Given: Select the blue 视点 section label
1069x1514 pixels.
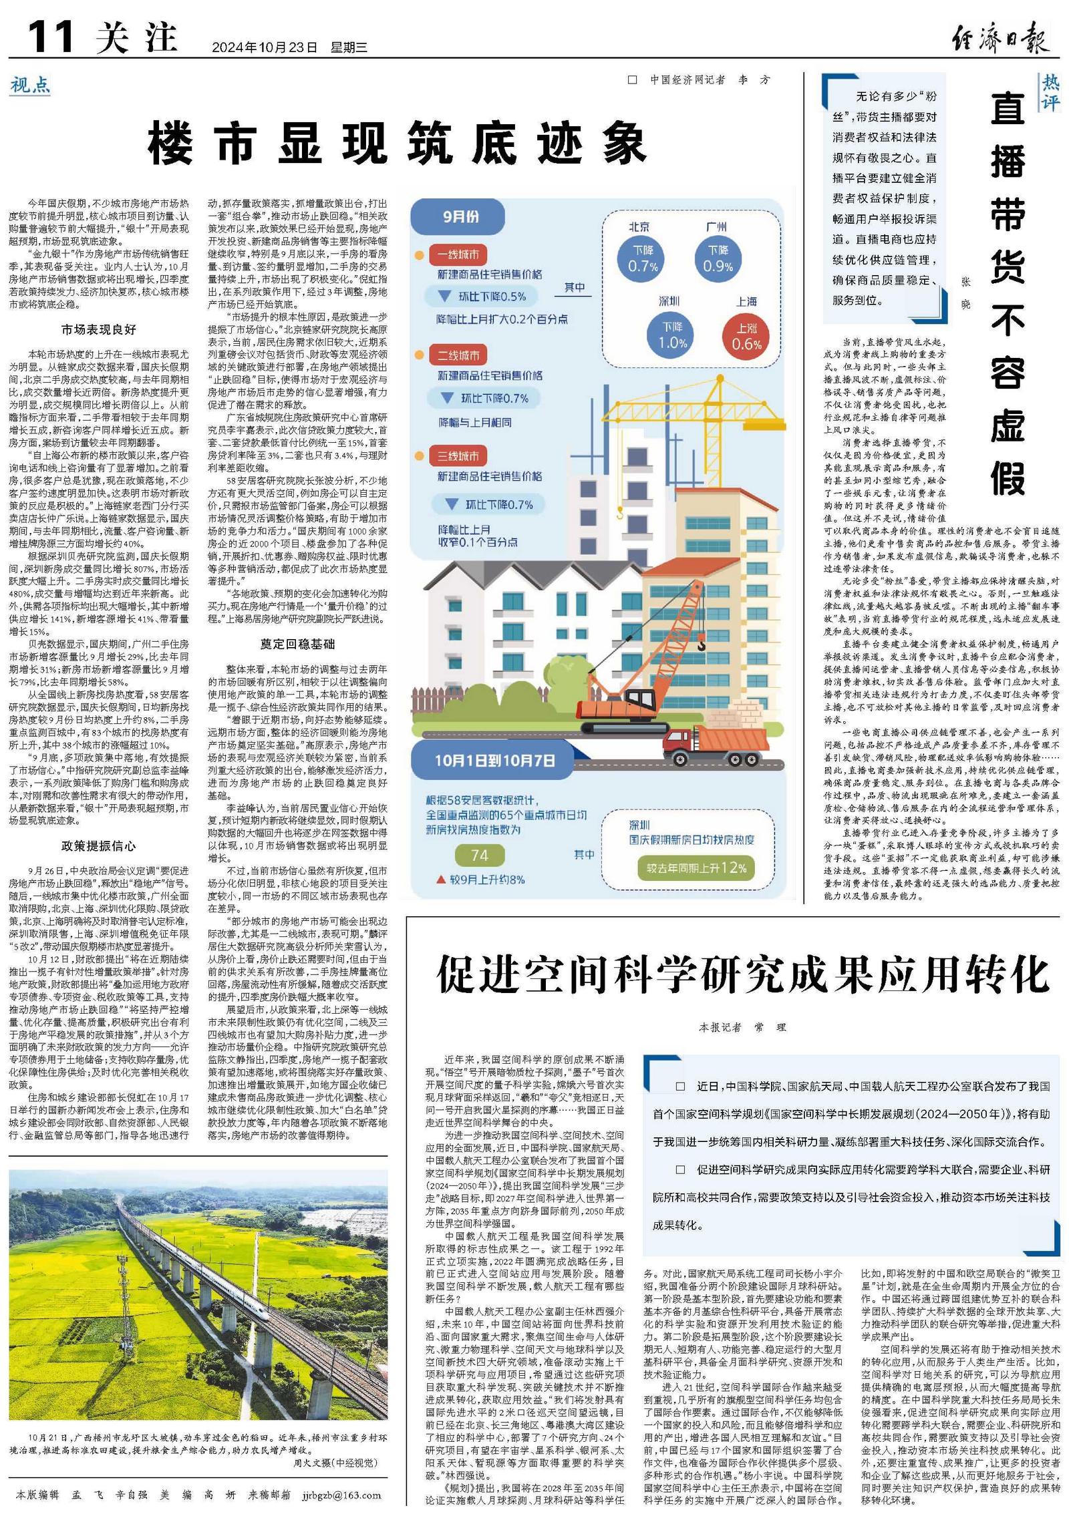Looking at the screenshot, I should pos(30,85).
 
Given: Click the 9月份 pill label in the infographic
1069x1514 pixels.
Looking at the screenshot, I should pos(460,216).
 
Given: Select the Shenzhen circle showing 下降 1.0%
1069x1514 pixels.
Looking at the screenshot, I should pos(671,335).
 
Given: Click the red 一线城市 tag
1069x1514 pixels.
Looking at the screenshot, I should pos(458,254).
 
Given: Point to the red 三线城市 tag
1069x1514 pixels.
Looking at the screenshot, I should pos(458,456).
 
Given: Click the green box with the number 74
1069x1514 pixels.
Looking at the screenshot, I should pos(479,856).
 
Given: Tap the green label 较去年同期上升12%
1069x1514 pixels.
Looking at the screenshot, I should pos(696,868).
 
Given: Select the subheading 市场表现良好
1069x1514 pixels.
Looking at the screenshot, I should pos(98,329).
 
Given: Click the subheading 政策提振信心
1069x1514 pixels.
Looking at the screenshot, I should pos(98,845).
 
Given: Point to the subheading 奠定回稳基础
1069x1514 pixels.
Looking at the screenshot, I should pos(297,644).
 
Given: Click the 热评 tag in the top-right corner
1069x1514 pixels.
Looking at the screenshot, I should pos(1050,92).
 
